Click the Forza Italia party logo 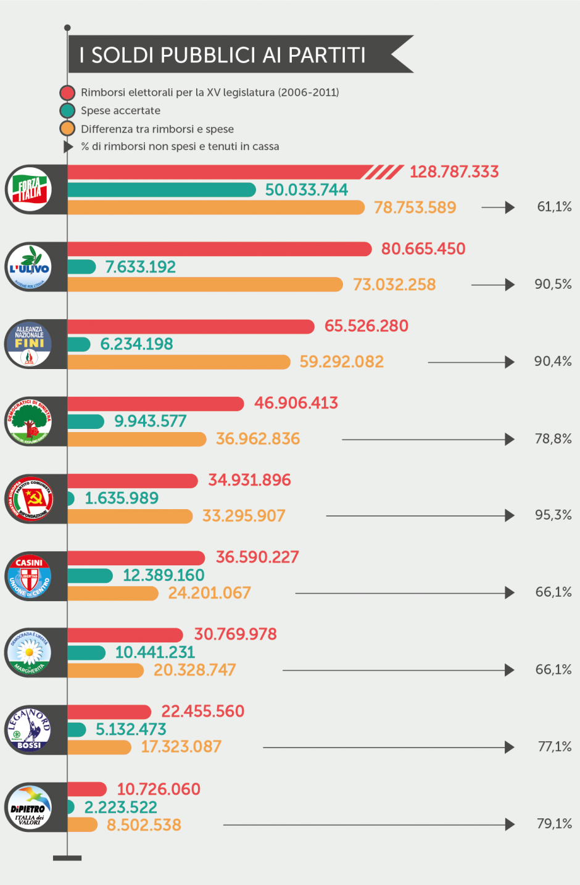coord(29,189)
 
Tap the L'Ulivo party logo coord(29,267)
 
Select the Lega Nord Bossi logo coord(29,729)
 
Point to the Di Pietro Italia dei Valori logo coord(29,807)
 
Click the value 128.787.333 coord(454,172)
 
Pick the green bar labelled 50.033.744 coord(161,189)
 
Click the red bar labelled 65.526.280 coord(191,326)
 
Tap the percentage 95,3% coord(553,515)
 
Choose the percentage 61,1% coord(554,207)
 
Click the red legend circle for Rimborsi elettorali coord(67,93)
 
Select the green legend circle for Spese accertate coord(67,110)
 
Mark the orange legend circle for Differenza coord(67,128)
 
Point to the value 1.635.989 coord(122,498)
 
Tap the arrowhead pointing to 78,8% coord(510,439)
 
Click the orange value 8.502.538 coord(144,825)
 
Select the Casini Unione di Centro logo coord(29,576)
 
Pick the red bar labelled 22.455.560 coord(109,712)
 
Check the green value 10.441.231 coord(155,652)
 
